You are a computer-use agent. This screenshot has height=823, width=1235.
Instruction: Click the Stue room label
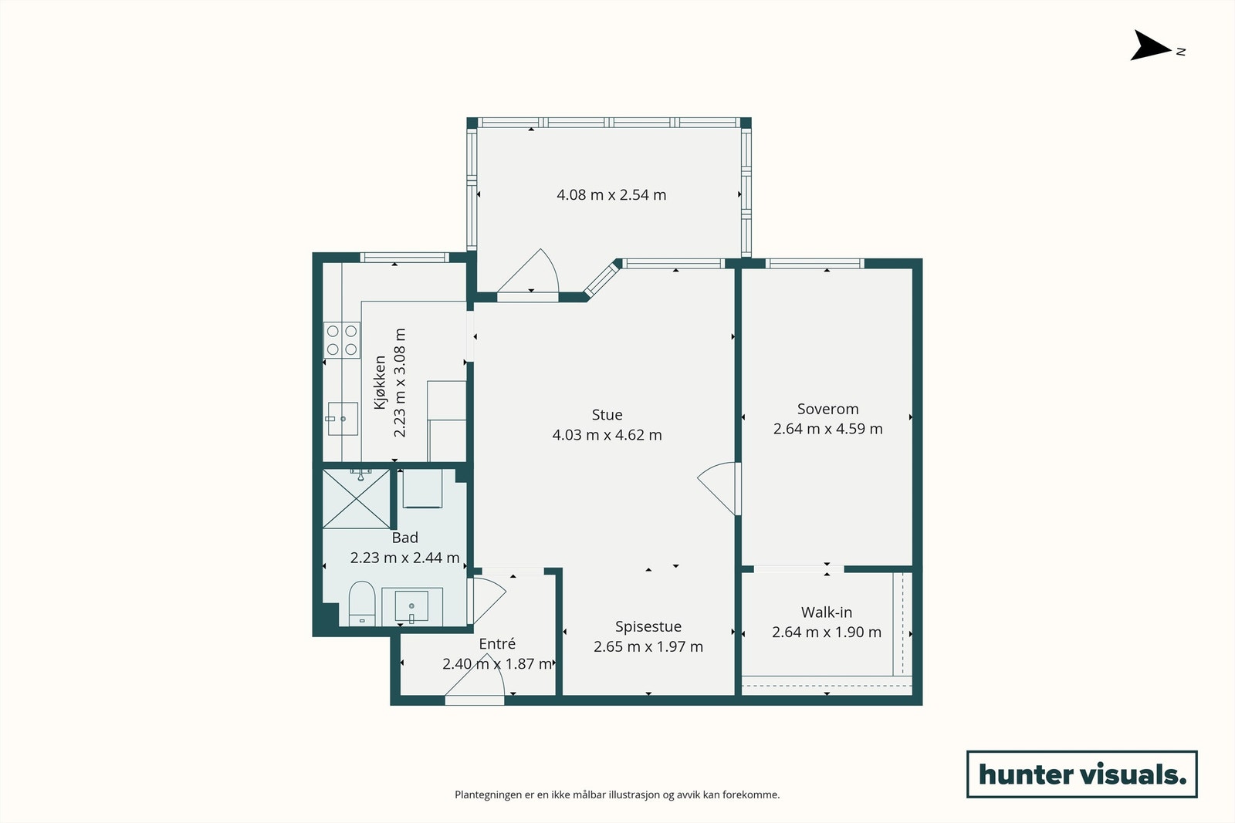(x=607, y=414)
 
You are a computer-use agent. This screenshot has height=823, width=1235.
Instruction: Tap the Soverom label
(x=827, y=409)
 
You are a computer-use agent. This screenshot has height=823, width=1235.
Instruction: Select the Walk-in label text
(x=827, y=612)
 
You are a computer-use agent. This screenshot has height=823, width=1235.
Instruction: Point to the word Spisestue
(x=648, y=627)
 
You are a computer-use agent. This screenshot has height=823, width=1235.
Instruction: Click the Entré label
(x=497, y=643)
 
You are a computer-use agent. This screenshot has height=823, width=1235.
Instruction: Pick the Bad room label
(x=404, y=538)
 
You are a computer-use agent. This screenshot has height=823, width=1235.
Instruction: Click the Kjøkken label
(x=380, y=383)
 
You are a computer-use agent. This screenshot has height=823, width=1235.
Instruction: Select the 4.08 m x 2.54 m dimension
(x=611, y=195)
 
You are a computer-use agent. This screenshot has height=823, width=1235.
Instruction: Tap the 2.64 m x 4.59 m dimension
(x=827, y=429)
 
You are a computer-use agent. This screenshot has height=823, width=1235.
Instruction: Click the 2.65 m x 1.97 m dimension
(x=648, y=646)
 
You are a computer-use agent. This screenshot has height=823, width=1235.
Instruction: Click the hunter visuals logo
(x=1081, y=774)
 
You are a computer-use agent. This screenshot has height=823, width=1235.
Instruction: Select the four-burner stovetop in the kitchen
(x=342, y=340)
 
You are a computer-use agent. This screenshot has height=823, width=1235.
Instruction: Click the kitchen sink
(x=343, y=419)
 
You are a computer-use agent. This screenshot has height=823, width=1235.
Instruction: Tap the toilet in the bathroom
(x=362, y=603)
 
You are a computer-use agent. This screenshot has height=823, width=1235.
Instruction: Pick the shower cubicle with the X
(x=356, y=498)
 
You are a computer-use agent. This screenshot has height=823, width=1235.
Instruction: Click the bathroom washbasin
(x=411, y=606)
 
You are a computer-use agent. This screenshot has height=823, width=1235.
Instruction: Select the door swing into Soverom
(x=719, y=488)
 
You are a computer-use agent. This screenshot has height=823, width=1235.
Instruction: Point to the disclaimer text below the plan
(x=617, y=794)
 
